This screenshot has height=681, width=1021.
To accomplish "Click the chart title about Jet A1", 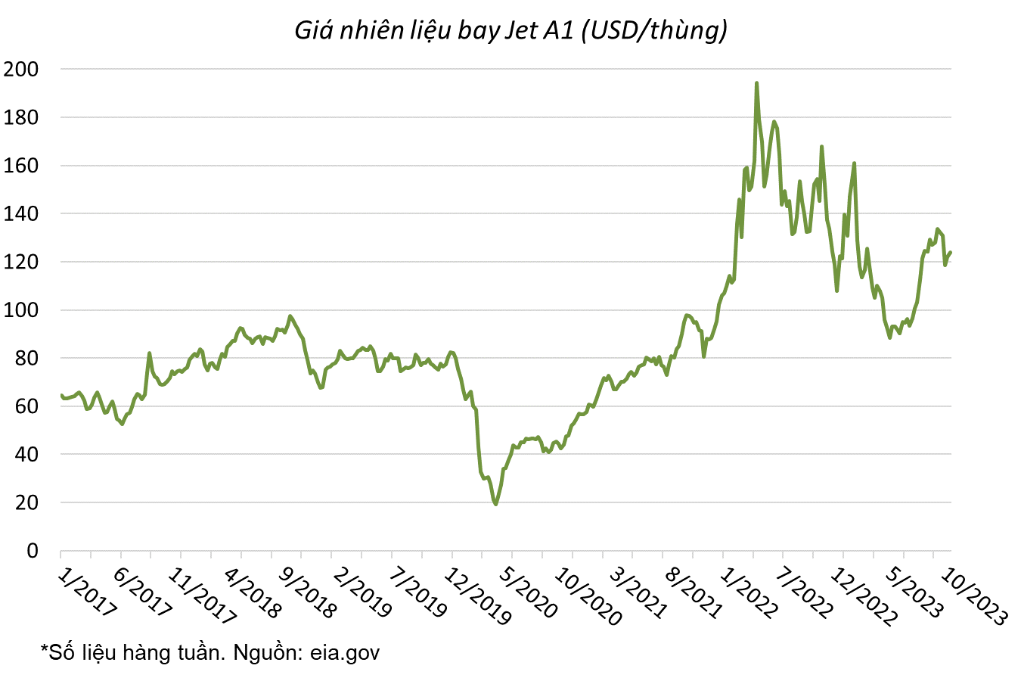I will [x=510, y=30].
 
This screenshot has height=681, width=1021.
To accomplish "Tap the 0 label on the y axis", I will [x=32, y=551].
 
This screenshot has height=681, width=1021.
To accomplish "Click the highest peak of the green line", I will [x=756, y=83].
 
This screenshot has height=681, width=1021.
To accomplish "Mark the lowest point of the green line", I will [x=495, y=504].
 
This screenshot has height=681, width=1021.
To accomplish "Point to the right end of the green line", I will [x=951, y=252].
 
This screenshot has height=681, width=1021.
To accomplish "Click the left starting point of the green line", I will [x=61, y=395].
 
